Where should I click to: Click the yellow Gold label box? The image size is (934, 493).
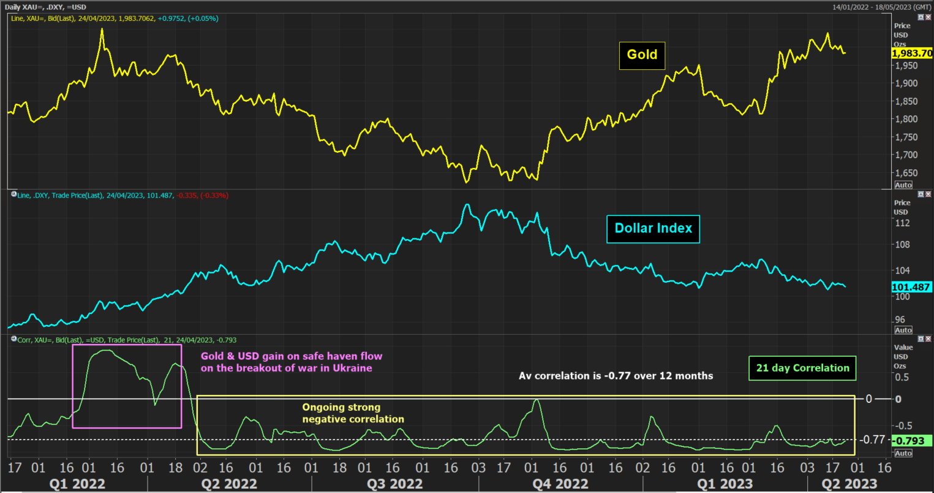pos(642,55)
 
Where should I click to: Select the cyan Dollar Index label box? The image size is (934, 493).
pos(653,229)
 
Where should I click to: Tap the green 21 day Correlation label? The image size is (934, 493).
pos(802,368)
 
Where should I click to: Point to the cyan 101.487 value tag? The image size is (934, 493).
pos(911,287)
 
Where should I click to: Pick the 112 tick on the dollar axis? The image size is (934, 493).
pos(902,223)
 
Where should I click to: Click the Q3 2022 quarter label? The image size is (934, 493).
pos(394,484)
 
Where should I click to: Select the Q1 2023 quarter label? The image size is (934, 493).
pos(725,484)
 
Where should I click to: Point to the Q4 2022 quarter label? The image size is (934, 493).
pos(560,484)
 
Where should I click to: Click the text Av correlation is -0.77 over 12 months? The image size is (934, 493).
pos(616,376)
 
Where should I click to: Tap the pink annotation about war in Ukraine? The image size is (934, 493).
pos(292,362)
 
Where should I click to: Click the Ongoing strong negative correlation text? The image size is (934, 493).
pos(353,413)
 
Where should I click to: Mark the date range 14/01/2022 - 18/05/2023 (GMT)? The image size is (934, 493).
pos(881,7)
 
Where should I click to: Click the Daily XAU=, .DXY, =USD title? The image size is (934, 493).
pos(46,7)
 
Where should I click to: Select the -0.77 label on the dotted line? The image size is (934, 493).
pos(872,440)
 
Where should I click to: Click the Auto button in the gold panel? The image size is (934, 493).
pos(903,185)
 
